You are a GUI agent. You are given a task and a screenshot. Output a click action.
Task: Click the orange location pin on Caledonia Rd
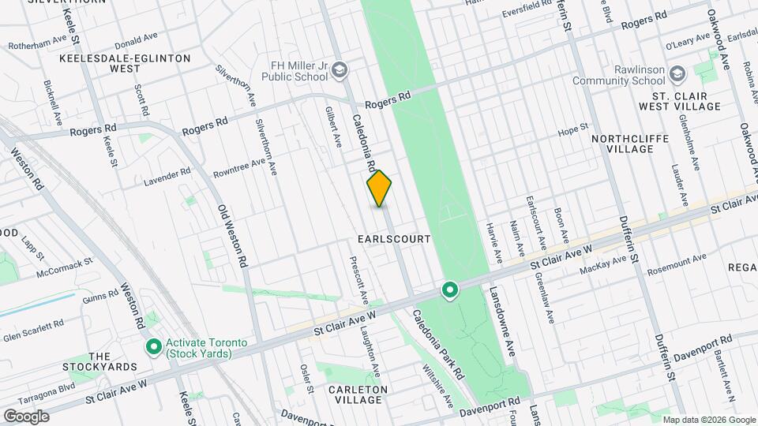[x=379, y=188]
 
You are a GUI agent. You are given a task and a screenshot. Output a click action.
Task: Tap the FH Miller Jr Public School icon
[x=340, y=71]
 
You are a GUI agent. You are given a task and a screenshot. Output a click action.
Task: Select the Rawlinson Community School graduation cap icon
[x=677, y=74]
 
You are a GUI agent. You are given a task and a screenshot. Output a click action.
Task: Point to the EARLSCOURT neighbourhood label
[x=394, y=238]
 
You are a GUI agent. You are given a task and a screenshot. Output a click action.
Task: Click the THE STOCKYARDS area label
[x=112, y=361]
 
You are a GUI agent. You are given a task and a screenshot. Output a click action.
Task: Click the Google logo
[x=26, y=416]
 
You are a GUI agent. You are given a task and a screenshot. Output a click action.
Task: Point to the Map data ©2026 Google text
[x=707, y=419]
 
